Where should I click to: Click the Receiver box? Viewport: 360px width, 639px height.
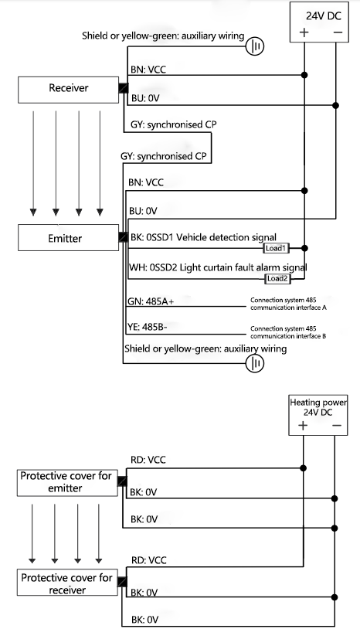[68, 89]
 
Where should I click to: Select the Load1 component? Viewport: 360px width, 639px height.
[276, 249]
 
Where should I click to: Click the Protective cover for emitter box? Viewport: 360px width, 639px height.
[66, 482]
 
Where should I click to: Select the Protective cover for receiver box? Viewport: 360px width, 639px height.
[66, 584]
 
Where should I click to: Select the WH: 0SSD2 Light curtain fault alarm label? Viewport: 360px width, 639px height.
[216, 267]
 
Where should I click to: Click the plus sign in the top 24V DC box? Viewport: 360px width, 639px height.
[304, 32]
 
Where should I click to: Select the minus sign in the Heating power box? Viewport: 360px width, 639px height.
[334, 426]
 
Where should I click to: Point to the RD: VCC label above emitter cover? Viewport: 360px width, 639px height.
[148, 460]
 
